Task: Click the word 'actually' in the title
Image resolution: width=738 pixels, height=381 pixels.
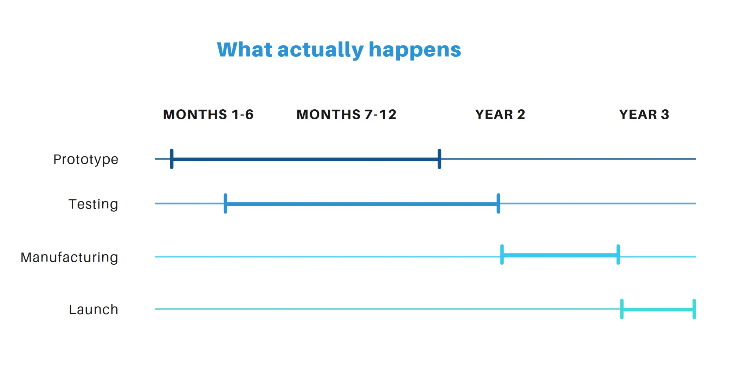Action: [320, 50]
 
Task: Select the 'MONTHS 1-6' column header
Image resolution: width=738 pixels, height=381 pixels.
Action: [208, 114]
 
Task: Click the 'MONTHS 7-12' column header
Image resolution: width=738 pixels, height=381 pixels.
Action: [346, 114]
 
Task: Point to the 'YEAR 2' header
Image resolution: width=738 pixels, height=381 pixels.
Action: [500, 114]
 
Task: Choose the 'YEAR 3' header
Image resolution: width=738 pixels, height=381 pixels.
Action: [644, 114]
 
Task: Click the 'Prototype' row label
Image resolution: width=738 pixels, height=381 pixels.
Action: [86, 159]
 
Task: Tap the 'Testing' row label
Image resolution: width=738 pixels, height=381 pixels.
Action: [93, 204]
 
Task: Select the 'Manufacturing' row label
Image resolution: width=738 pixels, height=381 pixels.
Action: [69, 257]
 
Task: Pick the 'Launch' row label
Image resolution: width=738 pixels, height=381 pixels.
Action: [93, 310]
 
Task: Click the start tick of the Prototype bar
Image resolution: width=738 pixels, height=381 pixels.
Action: [172, 159]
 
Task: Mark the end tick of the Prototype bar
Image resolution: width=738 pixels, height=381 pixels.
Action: [439, 159]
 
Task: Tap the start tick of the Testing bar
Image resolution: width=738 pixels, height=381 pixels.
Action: [225, 203]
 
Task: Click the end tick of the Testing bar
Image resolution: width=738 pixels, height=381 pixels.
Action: [498, 203]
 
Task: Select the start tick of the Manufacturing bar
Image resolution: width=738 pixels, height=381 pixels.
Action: [502, 255]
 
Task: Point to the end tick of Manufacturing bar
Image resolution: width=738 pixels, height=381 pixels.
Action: [618, 255]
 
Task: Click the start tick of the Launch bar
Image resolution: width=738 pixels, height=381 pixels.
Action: [622, 309]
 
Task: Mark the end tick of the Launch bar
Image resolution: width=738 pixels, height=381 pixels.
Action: [694, 309]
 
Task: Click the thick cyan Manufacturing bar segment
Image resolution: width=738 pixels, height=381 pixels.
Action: [560, 255]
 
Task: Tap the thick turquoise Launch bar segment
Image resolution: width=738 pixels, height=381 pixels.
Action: [658, 310]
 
